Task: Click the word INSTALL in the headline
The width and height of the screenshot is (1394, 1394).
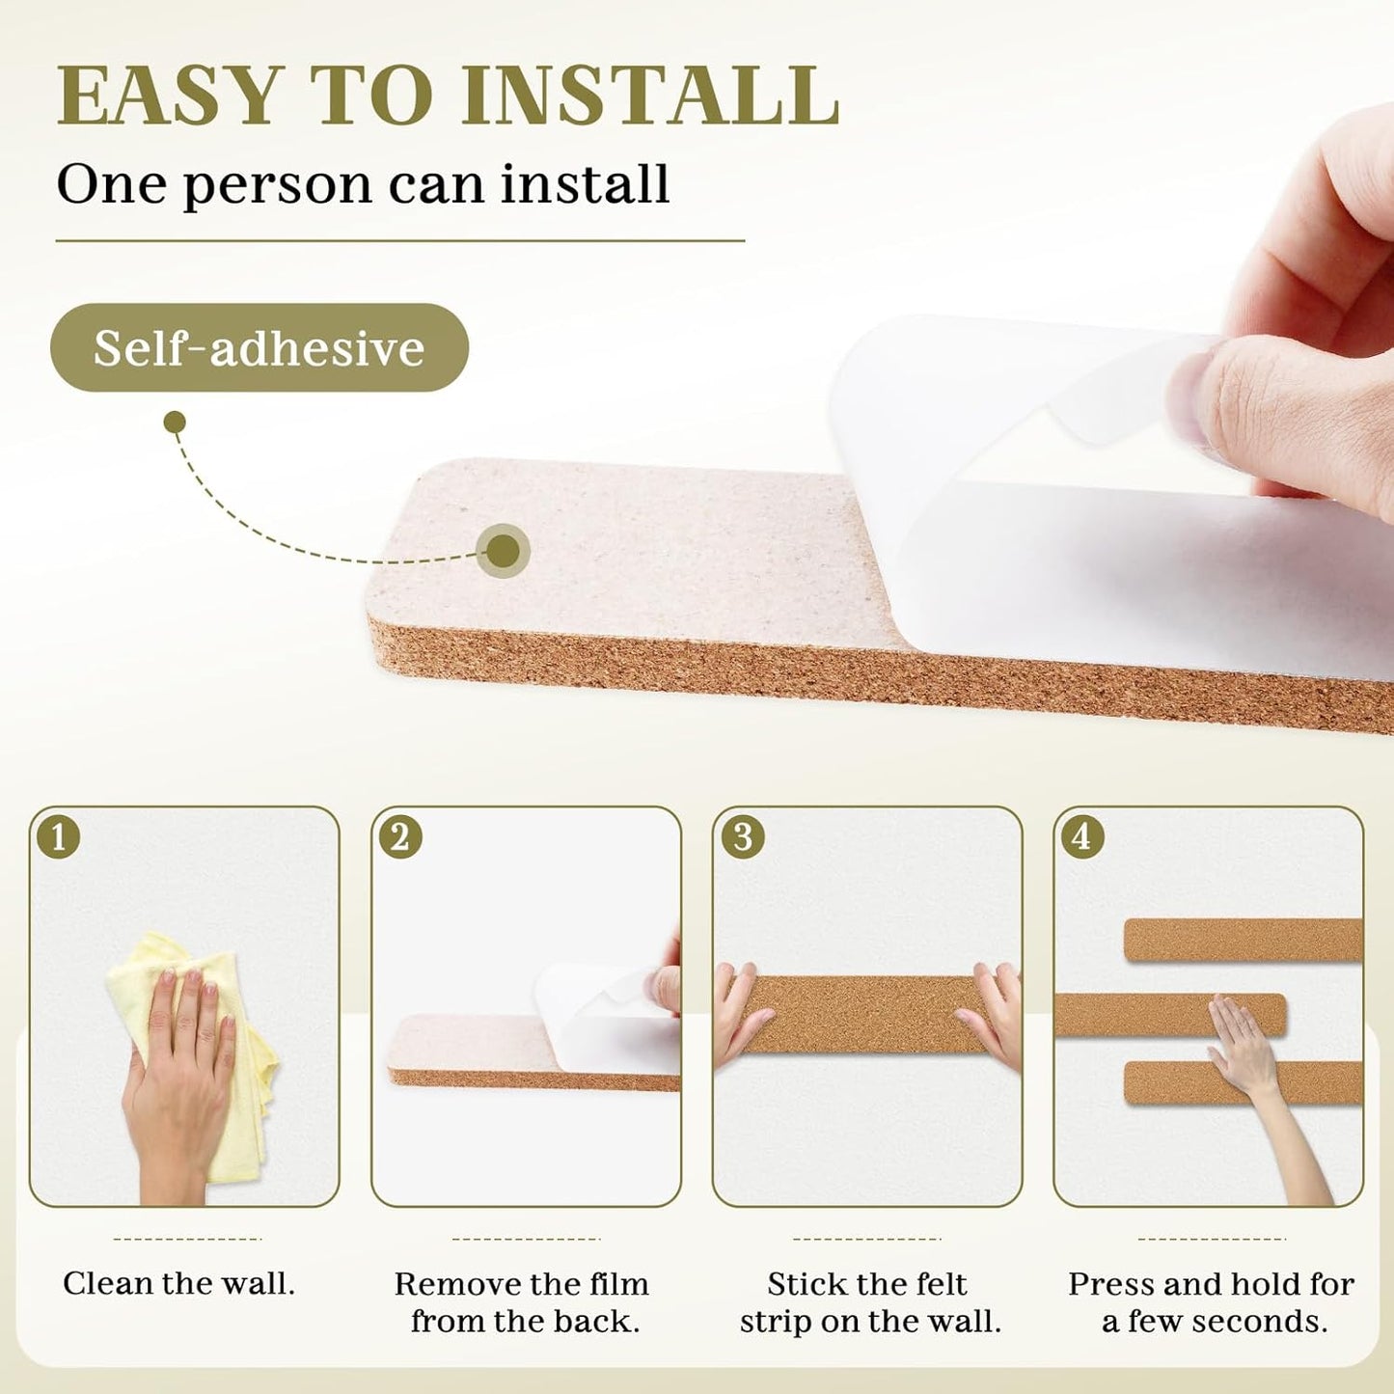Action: point(649,96)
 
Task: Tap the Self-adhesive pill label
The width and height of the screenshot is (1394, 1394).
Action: point(259,347)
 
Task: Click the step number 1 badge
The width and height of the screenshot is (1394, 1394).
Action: point(58,836)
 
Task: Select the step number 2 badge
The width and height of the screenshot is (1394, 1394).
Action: point(399,836)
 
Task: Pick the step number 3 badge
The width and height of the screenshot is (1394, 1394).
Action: point(742,836)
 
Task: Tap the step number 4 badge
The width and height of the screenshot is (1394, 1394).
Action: point(1082,836)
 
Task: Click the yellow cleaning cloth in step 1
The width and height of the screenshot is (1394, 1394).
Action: point(241,1109)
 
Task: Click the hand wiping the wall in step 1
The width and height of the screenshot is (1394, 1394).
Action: point(178,1071)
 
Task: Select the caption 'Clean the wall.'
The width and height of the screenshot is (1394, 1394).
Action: point(179,1283)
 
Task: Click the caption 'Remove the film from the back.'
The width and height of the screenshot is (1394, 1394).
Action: point(522,1301)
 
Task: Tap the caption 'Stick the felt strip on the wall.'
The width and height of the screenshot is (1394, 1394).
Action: point(869,1301)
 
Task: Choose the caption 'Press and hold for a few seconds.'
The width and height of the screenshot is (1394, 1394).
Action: point(1212,1301)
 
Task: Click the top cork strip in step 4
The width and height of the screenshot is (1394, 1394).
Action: point(1243,940)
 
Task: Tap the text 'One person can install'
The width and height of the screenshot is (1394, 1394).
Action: point(363,183)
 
